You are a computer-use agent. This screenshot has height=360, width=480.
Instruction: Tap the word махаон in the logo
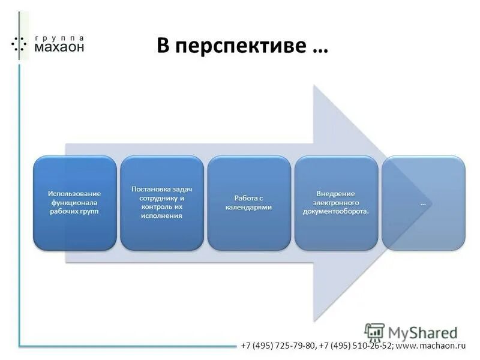[x=59, y=47]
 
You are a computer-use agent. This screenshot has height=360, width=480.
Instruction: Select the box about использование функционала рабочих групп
[x=74, y=203]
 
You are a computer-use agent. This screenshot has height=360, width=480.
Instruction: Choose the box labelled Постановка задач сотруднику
[x=161, y=203]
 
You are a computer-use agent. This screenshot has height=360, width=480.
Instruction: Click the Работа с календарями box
[x=248, y=203]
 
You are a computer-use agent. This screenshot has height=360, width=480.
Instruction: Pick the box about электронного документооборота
[x=336, y=203]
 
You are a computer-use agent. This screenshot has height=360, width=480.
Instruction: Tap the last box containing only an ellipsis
[x=423, y=203]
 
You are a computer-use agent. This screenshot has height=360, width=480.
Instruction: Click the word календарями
[x=248, y=207]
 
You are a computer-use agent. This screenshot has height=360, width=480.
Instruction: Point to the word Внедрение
[x=336, y=193]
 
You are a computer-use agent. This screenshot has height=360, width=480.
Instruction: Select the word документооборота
[x=336, y=212]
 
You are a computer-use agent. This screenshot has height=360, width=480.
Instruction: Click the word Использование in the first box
[x=74, y=193]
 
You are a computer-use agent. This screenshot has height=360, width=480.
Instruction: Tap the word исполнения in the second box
[x=161, y=215]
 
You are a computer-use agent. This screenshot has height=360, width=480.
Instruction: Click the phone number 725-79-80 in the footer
[x=295, y=346]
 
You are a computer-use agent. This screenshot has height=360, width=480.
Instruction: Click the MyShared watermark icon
[x=374, y=332]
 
